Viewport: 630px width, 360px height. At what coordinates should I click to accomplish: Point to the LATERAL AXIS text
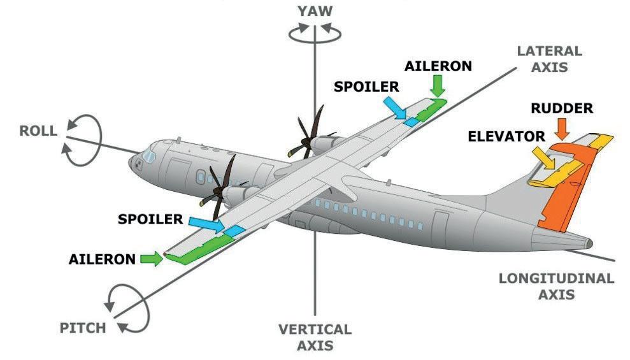[x=549, y=58]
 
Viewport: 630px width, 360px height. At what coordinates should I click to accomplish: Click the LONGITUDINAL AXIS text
[x=556, y=286]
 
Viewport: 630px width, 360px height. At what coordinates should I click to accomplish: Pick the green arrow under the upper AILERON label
[x=438, y=85]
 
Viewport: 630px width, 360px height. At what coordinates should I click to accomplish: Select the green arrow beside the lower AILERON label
[x=150, y=259]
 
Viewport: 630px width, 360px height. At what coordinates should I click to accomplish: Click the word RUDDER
[x=561, y=109]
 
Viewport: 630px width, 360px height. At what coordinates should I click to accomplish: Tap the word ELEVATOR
[x=506, y=136]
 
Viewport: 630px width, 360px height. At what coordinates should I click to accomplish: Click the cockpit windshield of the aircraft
[x=149, y=154]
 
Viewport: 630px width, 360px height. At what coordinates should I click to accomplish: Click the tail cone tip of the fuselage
[x=590, y=243]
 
